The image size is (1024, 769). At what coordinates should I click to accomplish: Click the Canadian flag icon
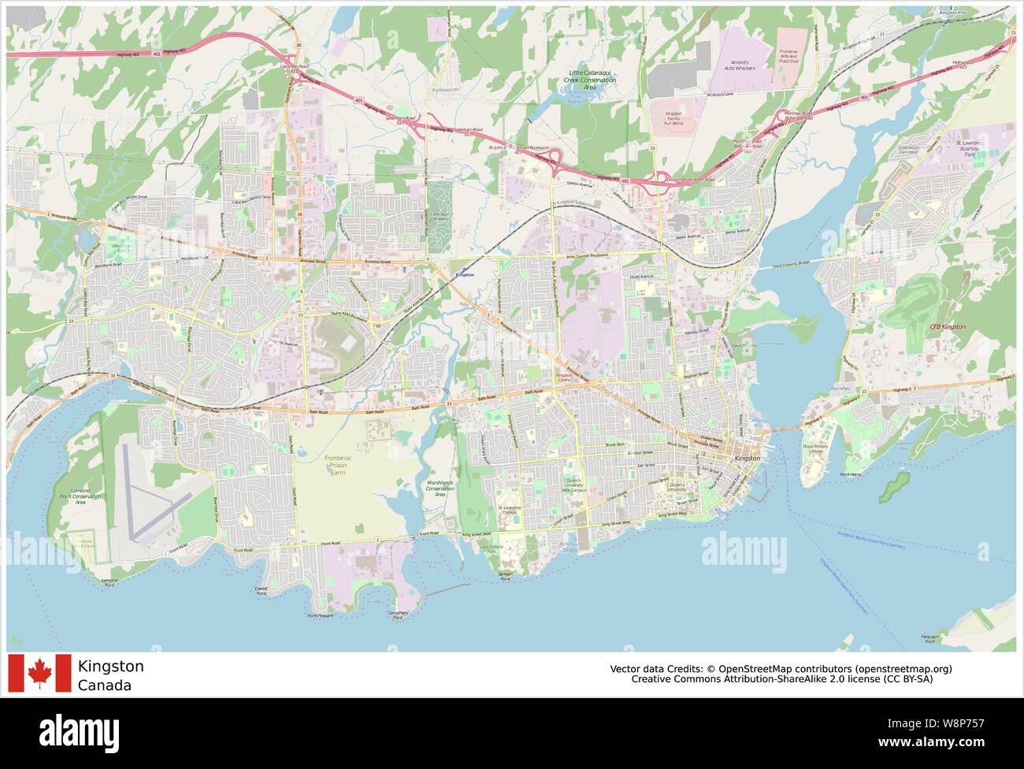pos(39,674)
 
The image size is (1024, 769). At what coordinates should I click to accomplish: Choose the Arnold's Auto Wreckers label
pos(739,65)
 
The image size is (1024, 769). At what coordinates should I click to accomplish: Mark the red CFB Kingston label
pos(947,326)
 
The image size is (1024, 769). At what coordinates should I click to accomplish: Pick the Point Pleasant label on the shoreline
pos(320,615)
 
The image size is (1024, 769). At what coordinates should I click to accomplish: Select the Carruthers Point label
pos(399,615)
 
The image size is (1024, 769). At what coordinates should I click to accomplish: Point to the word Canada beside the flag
pos(105,685)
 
